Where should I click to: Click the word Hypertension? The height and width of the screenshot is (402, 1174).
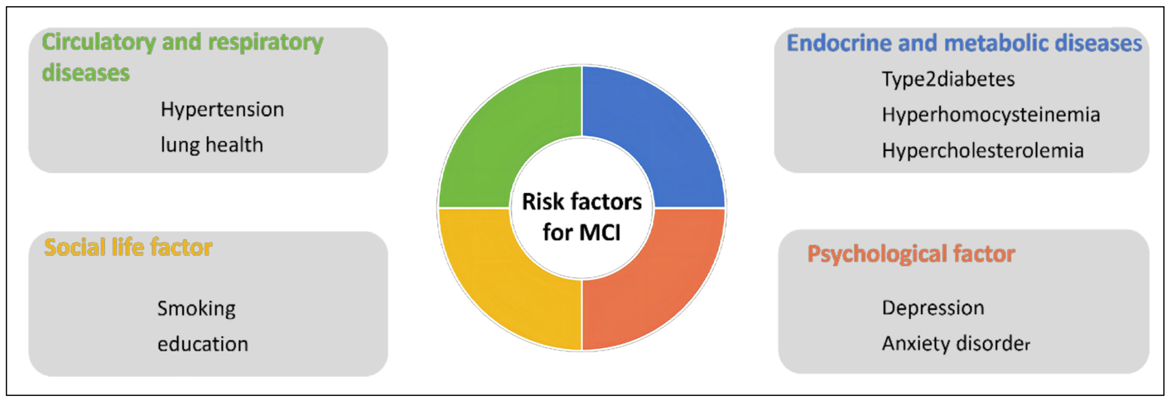222,109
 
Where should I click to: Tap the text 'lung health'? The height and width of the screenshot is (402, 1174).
211,145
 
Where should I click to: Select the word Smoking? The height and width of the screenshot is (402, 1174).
196,309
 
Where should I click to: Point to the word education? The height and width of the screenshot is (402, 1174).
203,344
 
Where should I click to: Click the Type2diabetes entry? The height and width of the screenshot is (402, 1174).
948,79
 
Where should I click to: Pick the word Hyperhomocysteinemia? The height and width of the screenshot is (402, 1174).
991,115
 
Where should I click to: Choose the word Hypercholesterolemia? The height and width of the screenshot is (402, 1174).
983,151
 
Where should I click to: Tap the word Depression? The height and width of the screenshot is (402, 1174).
933,308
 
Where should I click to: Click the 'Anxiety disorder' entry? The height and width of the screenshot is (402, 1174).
956,344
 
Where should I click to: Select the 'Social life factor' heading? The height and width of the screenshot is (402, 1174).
128,247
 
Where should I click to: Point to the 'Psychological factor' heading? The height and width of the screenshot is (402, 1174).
911,254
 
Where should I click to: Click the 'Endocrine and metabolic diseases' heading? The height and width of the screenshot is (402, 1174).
964,43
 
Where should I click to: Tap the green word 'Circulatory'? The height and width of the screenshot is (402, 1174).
98,42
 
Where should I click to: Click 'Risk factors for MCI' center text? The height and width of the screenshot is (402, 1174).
582,217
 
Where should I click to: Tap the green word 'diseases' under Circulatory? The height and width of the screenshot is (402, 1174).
86,73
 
